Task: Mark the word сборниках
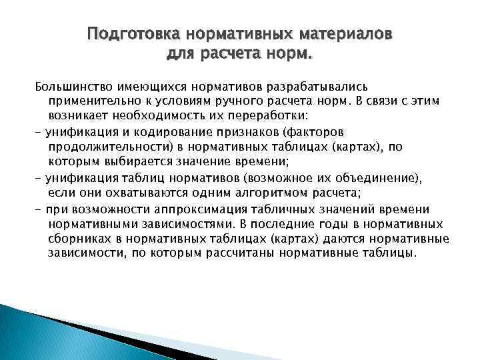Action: [76, 237]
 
